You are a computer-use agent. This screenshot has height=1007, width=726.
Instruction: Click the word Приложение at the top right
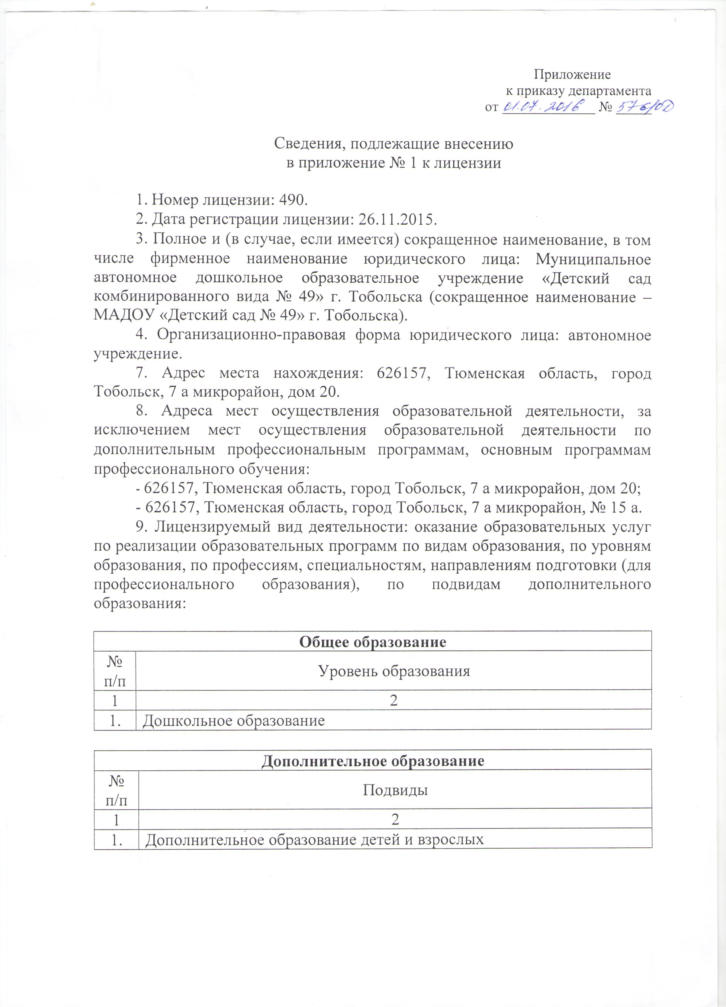pos(572,74)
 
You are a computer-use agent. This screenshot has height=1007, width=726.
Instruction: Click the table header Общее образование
pos(372,642)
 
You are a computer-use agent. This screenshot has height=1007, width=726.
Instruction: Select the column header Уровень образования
pos(394,670)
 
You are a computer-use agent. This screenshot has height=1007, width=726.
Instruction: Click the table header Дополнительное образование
pos(372,761)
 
